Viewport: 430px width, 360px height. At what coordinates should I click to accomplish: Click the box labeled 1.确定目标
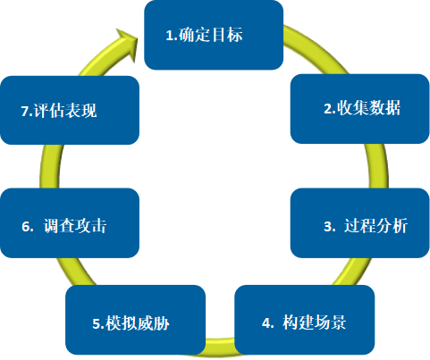click(x=214, y=35)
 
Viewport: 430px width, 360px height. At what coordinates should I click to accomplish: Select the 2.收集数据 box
click(x=360, y=109)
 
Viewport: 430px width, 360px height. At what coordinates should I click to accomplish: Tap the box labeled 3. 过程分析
click(x=360, y=223)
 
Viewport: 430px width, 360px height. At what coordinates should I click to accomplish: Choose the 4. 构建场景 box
click(x=305, y=320)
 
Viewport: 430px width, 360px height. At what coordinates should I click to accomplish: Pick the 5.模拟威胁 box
click(x=136, y=320)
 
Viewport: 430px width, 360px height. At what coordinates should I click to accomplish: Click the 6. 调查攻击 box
click(x=70, y=223)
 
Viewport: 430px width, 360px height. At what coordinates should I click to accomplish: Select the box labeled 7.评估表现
click(x=70, y=110)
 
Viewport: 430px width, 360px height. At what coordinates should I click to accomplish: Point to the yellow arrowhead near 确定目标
click(x=127, y=45)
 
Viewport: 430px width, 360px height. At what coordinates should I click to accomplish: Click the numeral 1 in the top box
click(x=170, y=36)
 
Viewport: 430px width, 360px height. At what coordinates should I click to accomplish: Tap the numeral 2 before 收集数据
click(x=328, y=109)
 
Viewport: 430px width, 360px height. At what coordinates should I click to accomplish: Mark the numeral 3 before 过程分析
click(x=328, y=227)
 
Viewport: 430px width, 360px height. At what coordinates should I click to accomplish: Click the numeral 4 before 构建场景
click(x=266, y=323)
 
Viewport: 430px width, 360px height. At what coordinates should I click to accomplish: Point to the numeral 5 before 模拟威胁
click(x=97, y=324)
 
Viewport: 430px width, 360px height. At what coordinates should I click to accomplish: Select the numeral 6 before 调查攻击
click(x=26, y=227)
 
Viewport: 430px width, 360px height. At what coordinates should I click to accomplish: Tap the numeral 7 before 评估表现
click(x=25, y=112)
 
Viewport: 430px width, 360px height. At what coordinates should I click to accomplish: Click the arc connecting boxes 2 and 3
click(x=378, y=166)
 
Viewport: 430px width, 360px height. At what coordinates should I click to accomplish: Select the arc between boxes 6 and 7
click(x=50, y=166)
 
